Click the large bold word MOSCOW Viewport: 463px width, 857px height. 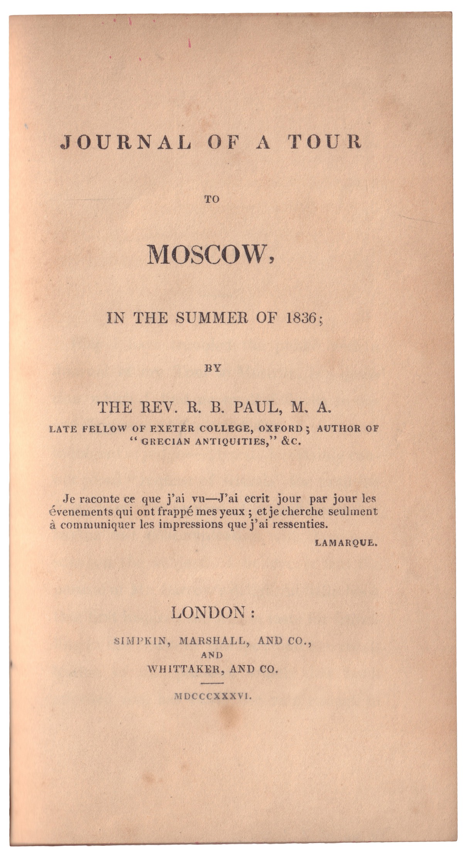(x=210, y=255)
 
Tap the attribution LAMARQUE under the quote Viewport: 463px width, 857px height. (x=345, y=543)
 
